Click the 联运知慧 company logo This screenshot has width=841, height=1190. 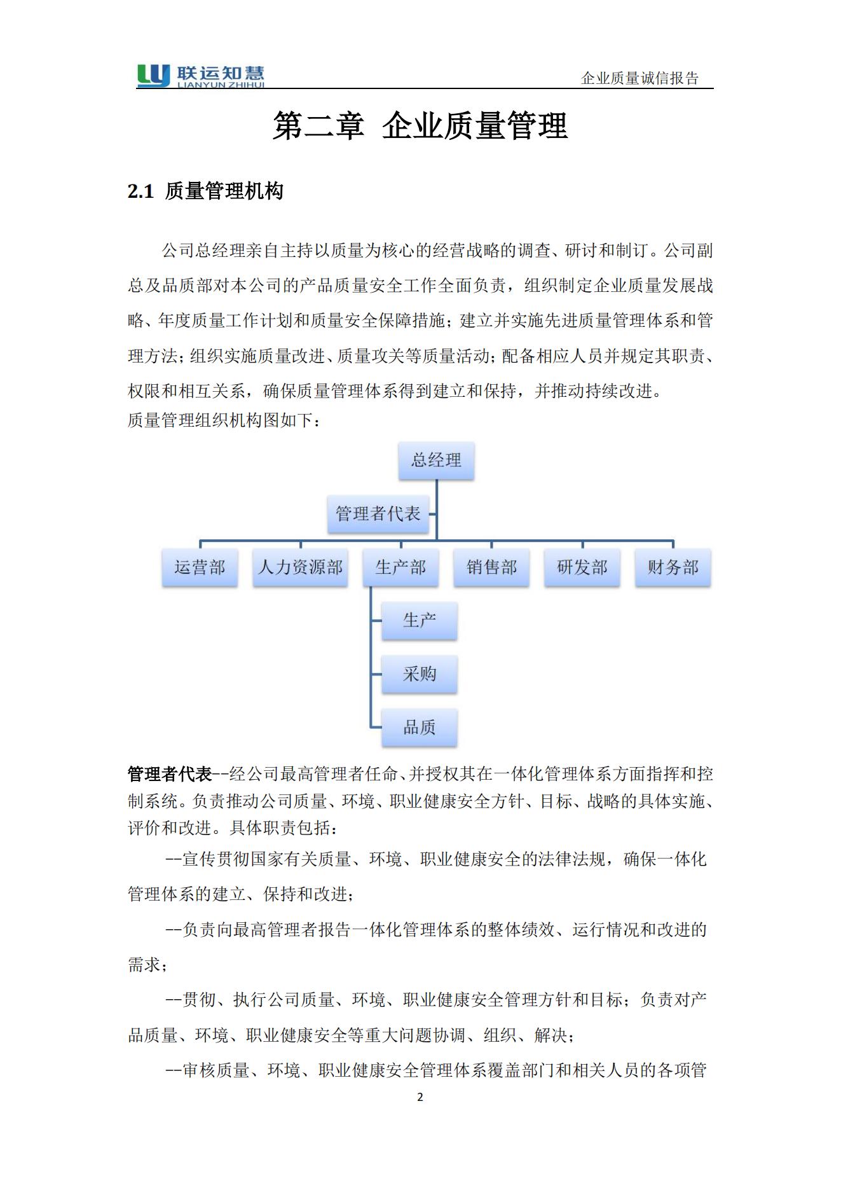(x=200, y=76)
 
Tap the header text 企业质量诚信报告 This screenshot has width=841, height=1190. (x=639, y=78)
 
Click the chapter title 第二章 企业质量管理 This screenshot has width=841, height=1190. (x=420, y=125)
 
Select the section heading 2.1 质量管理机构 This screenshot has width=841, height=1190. (x=205, y=191)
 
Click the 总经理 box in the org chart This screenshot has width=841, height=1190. (x=436, y=460)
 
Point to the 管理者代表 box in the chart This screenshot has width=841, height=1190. (x=378, y=514)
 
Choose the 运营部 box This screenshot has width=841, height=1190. (x=200, y=567)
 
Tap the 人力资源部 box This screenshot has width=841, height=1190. (x=300, y=567)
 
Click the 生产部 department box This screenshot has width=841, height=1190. (x=400, y=567)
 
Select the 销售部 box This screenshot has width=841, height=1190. (x=491, y=567)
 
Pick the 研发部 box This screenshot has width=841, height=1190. (x=582, y=567)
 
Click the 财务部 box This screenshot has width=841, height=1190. (x=673, y=567)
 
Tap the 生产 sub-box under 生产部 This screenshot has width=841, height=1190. (x=420, y=620)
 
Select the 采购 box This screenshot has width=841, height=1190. (x=420, y=674)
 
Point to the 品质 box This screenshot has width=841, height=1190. (x=420, y=728)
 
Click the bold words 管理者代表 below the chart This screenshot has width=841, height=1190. (x=169, y=774)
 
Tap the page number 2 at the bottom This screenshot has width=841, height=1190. (x=420, y=1097)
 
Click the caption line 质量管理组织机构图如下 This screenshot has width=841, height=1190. (x=224, y=420)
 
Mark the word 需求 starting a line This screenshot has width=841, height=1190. (x=144, y=965)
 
